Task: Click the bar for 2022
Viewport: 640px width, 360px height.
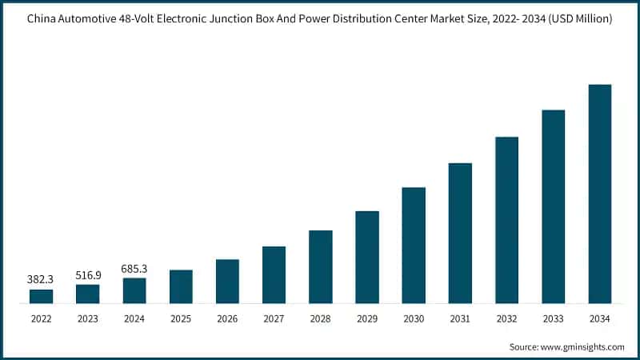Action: click(x=42, y=297)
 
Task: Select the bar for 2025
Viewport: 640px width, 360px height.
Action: click(x=181, y=287)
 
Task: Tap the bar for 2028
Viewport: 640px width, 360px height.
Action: click(x=321, y=267)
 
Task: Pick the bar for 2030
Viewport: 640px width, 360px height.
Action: click(x=414, y=246)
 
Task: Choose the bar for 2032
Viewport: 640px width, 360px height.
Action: click(x=506, y=221)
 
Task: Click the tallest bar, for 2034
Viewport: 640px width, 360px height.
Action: click(x=600, y=194)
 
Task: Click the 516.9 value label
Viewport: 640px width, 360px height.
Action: click(x=88, y=275)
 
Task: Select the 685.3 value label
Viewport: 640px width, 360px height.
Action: click(x=134, y=269)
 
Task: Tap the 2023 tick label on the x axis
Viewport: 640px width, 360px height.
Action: click(x=88, y=318)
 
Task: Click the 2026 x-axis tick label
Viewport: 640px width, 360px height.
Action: click(x=227, y=318)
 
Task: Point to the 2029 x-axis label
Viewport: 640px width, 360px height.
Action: click(x=367, y=318)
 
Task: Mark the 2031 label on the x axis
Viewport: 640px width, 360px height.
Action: click(x=460, y=318)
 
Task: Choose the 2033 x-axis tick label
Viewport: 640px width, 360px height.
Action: click(x=553, y=318)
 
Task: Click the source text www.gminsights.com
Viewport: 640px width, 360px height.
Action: click(x=582, y=346)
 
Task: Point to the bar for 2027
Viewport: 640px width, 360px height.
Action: click(x=274, y=275)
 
